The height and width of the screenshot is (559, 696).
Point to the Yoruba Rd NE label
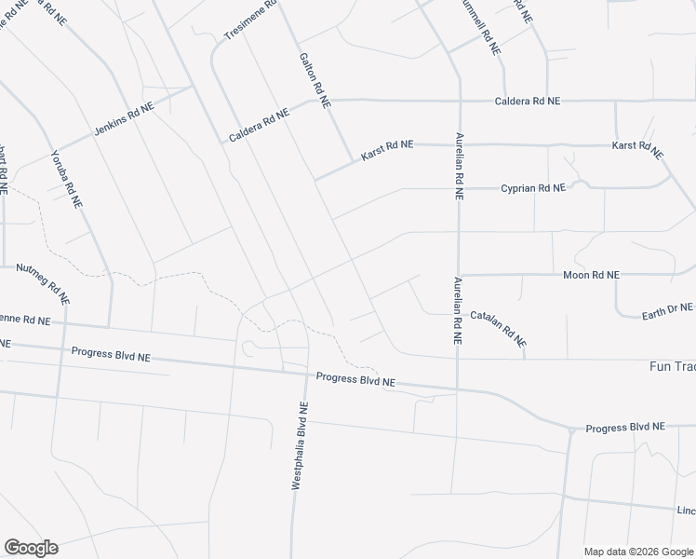click(67, 178)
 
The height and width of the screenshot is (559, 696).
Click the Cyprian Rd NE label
click(533, 187)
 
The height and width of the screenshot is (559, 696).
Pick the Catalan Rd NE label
click(499, 328)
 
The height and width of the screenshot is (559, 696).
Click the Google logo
click(30, 548)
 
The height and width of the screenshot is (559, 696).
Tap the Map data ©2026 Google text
click(637, 551)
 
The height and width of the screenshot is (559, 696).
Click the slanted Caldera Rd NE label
click(260, 126)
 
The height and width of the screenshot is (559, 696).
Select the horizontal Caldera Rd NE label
click(527, 100)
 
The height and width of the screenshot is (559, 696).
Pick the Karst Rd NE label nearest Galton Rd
click(386, 152)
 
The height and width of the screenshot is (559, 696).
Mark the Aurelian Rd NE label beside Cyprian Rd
click(459, 166)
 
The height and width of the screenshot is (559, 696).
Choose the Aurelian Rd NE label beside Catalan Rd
click(458, 312)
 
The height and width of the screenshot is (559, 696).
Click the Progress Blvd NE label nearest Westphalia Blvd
click(355, 380)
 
